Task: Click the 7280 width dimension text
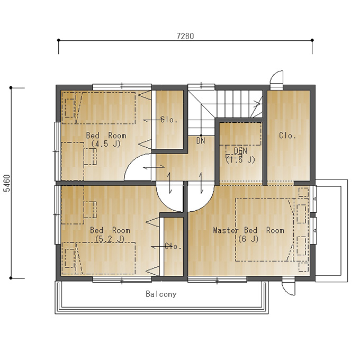click(x=185, y=36)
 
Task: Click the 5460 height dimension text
click(x=7, y=183)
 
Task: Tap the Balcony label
click(x=161, y=294)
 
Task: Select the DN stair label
click(x=201, y=141)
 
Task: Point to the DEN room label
click(x=240, y=151)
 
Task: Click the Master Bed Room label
click(x=249, y=230)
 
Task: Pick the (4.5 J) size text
click(x=106, y=144)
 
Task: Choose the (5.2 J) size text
click(x=110, y=239)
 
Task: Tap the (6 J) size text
click(x=248, y=239)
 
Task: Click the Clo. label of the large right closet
click(x=287, y=136)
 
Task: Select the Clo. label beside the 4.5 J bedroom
click(x=169, y=120)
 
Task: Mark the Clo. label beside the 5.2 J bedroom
click(x=173, y=246)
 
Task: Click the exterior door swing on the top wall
click(x=274, y=74)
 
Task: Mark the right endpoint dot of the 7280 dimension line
click(x=312, y=40)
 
